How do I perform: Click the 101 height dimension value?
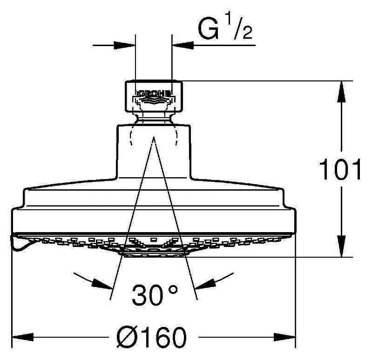pyautogui.click(x=340, y=169)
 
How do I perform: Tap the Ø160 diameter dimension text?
pyautogui.click(x=151, y=337)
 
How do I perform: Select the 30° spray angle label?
pyautogui.click(x=155, y=294)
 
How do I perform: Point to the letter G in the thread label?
pyautogui.click(x=208, y=30)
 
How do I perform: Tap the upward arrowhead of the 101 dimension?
pyautogui.click(x=341, y=92)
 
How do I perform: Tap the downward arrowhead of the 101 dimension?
pyautogui.click(x=341, y=246)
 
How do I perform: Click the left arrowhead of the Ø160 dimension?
pyautogui.click(x=22, y=337)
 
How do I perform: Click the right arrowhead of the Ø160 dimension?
pyautogui.click(x=284, y=337)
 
